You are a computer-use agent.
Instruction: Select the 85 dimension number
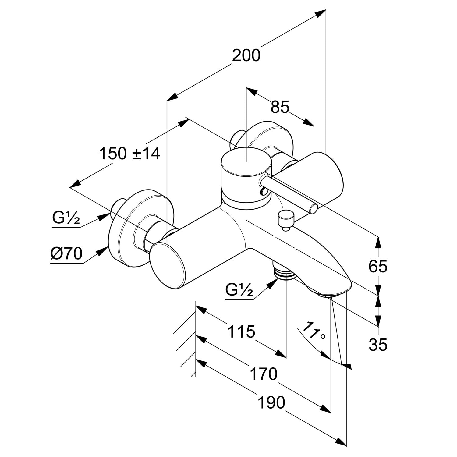click(280, 107)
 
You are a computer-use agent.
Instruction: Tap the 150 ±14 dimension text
click(129, 153)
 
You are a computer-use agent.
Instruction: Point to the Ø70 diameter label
click(67, 253)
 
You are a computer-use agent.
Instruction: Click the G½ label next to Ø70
click(66, 218)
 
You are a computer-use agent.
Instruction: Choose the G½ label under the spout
click(239, 290)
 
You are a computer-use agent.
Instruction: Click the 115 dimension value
click(241, 331)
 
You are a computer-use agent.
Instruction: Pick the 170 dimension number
click(264, 374)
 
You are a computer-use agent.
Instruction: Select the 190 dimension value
click(271, 402)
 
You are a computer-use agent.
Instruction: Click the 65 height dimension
click(378, 266)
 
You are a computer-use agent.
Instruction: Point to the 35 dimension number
click(378, 345)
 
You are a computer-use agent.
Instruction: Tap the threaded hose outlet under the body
click(285, 272)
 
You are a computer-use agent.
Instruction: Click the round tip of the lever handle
click(314, 209)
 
